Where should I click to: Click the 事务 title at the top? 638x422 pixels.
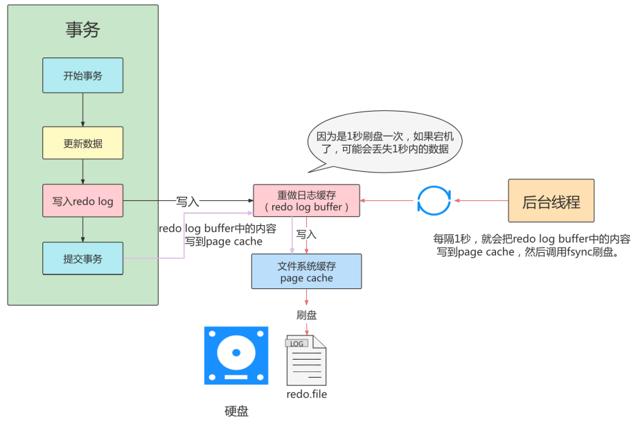click(82, 29)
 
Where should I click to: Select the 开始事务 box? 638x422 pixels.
click(82, 76)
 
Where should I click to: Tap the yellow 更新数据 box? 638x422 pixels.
click(82, 143)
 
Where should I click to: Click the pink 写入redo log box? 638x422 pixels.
click(82, 202)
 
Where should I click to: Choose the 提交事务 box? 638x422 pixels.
click(82, 258)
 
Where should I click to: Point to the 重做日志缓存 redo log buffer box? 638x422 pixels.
click(306, 201)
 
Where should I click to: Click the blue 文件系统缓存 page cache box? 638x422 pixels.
click(306, 271)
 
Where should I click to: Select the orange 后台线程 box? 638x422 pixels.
click(551, 201)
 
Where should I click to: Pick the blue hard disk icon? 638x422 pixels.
click(236, 355)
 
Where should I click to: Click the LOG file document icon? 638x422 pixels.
click(305, 360)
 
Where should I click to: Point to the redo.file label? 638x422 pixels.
click(306, 394)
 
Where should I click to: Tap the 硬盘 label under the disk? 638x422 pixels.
click(236, 411)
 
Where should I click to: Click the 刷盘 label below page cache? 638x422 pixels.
click(306, 315)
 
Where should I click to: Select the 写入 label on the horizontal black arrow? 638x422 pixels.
click(188, 202)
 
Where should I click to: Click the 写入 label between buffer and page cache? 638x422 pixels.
click(307, 235)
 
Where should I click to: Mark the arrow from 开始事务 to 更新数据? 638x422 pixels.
click(82, 109)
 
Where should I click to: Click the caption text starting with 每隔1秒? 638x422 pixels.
click(531, 245)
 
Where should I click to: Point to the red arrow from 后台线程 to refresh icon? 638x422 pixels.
click(480, 201)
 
